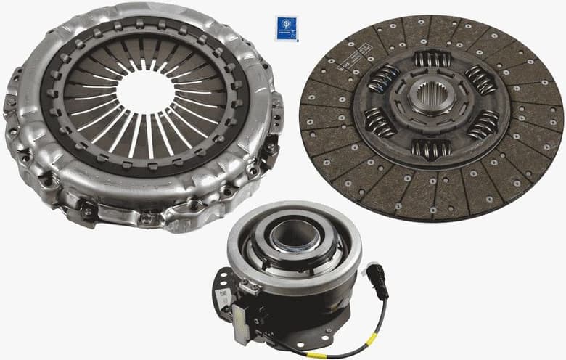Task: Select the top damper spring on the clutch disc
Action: click(432, 60)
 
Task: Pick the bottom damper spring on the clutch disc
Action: click(430, 148)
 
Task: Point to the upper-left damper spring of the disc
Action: click(383, 77)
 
